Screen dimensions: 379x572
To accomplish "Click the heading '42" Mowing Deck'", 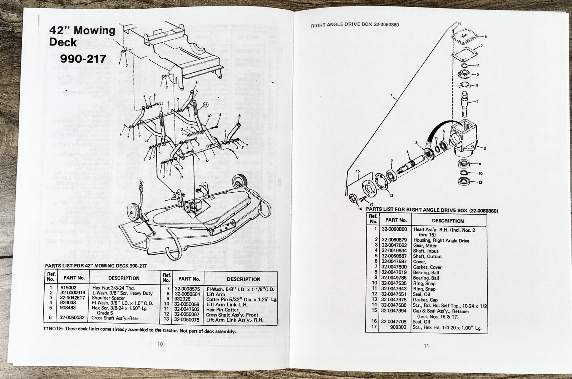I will pos(82,36).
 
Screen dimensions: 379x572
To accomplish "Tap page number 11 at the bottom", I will pos(426,346).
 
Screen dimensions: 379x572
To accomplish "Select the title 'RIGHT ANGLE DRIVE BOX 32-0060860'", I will pos(355,25).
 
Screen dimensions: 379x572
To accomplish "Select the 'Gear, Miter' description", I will pos(425,246).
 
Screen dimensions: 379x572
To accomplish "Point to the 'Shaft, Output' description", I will pos(428,256).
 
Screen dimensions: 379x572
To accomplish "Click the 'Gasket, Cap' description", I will pos(425,300).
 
